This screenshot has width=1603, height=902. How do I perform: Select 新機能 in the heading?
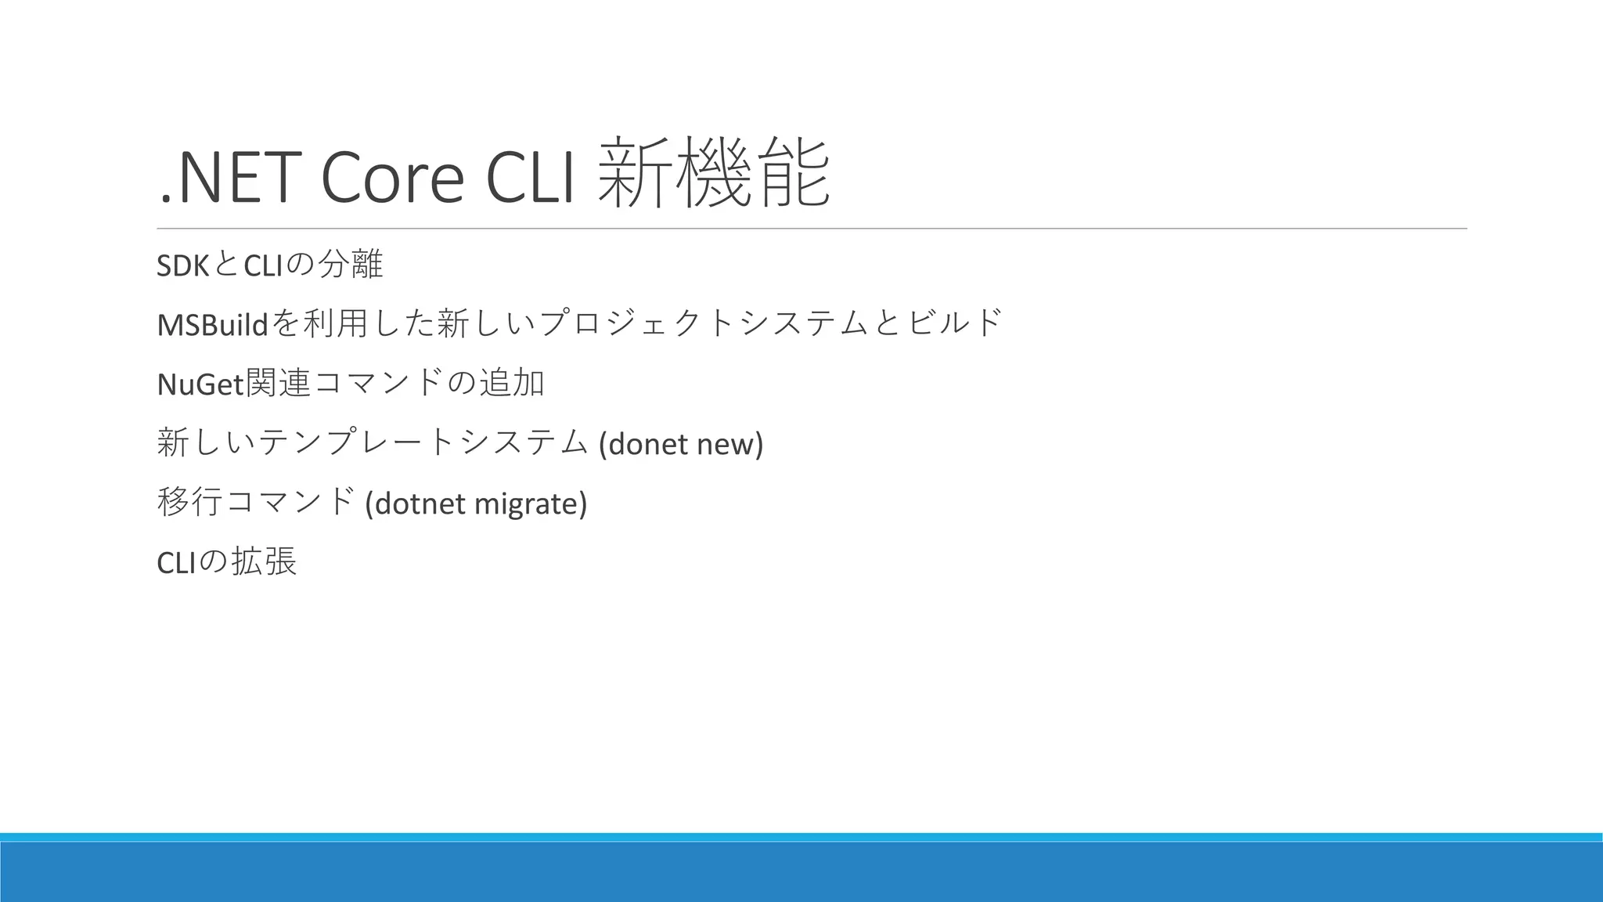(x=713, y=174)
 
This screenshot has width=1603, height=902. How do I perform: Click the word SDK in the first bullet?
(x=182, y=266)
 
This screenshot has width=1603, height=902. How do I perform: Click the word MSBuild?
(x=212, y=324)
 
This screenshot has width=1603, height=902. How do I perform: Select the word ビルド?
(x=956, y=323)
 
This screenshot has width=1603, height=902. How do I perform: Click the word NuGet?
(x=200, y=384)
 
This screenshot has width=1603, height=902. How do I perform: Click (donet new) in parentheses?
(x=680, y=443)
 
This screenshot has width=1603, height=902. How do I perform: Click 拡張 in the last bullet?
(x=265, y=561)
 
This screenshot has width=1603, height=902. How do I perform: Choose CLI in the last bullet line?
(x=175, y=562)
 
